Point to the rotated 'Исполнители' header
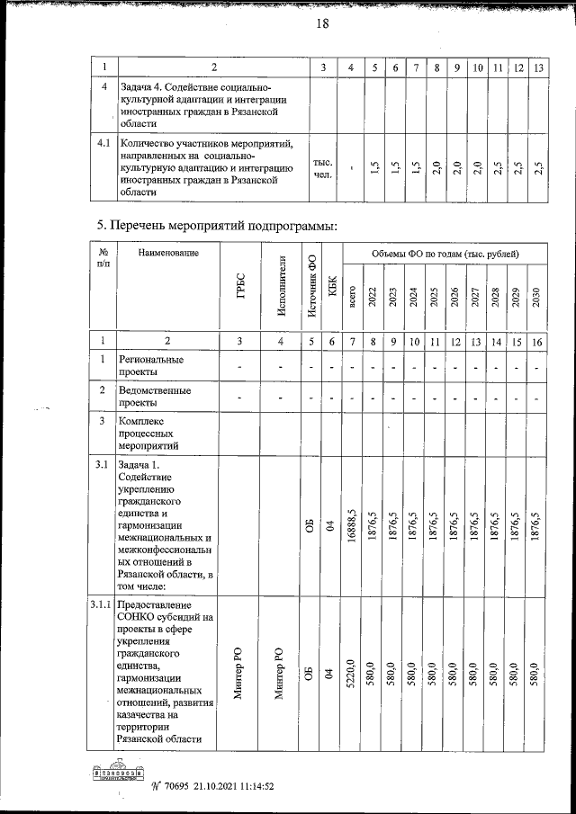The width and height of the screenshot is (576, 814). click(282, 286)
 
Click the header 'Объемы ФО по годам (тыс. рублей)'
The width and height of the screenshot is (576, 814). click(444, 255)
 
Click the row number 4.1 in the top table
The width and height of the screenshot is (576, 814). click(103, 142)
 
